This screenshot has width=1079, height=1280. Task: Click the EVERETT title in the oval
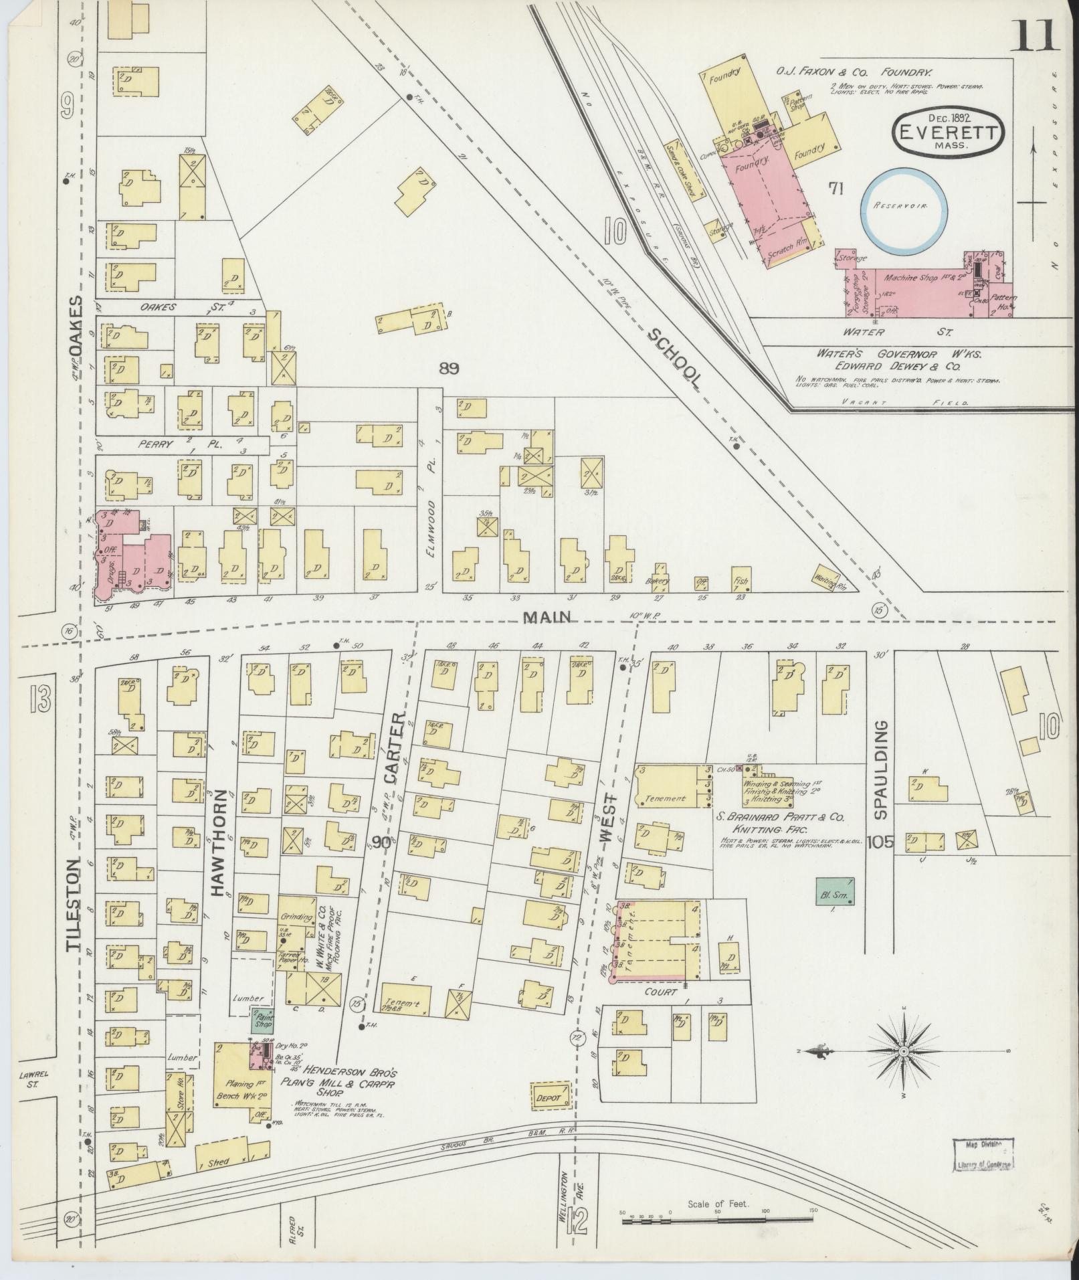coord(948,132)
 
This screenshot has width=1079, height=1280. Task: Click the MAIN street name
coord(546,617)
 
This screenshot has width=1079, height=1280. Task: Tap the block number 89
coord(450,367)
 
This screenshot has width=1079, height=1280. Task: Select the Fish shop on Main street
coord(740,579)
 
